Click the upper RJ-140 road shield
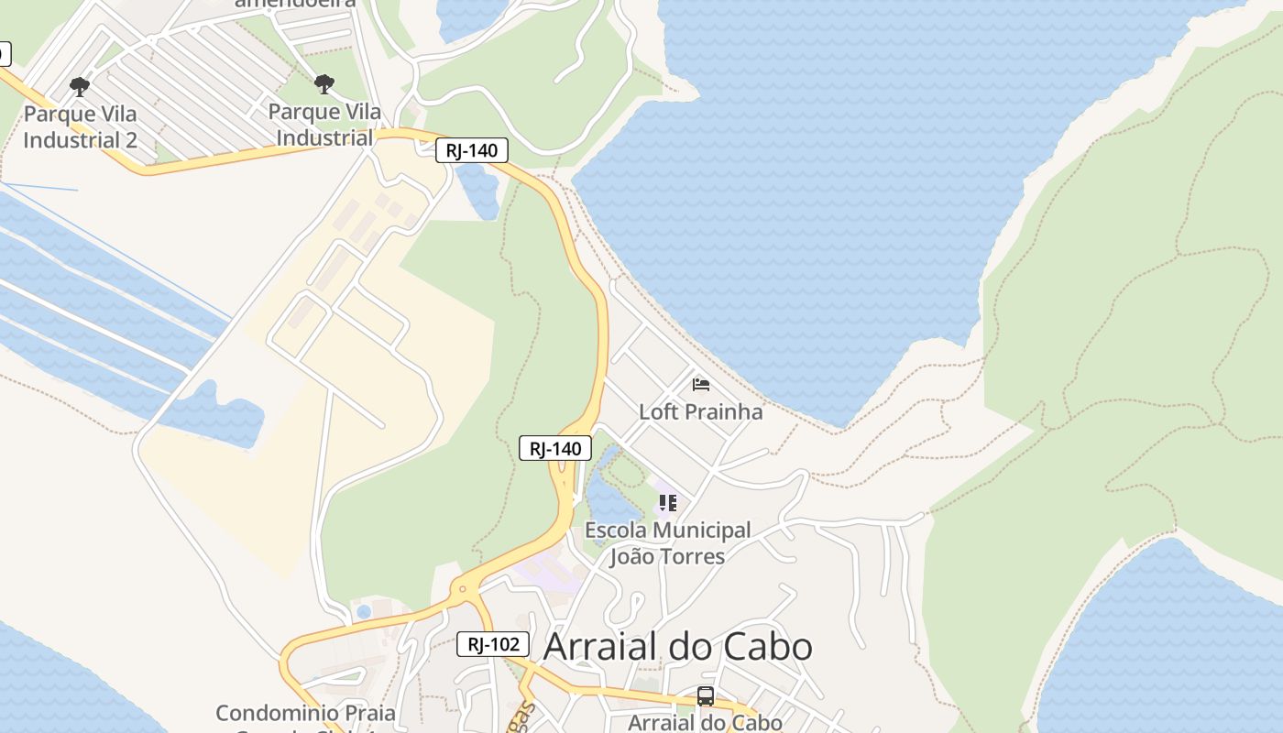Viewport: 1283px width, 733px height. point(472,151)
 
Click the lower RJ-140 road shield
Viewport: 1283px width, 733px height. point(555,448)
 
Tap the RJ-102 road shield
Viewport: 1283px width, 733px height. point(493,644)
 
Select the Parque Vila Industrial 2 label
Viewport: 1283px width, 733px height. point(80,127)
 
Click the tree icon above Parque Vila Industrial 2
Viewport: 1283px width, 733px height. point(80,86)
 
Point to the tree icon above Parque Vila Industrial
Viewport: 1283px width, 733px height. point(324,84)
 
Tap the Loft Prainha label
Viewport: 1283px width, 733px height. point(700,411)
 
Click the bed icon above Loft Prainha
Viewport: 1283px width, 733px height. point(701,384)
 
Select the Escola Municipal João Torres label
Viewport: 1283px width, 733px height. point(667,543)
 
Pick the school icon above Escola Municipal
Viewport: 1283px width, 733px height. point(668,502)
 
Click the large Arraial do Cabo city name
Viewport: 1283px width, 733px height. point(677,647)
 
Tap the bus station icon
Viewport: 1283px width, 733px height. point(705,695)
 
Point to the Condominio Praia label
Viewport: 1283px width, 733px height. point(305,713)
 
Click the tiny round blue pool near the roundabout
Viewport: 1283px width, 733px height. point(364,611)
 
